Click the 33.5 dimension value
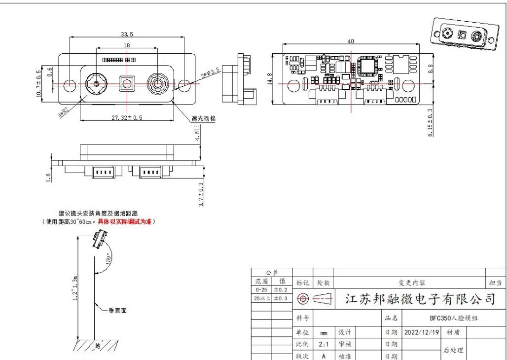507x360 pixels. pos(127,34)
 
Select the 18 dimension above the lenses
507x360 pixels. pos(127,45)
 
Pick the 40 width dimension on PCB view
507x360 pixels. pos(351,41)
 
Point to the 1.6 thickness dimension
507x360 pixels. pos(48,178)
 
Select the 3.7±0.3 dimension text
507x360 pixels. pos(201,194)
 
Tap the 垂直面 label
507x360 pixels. pos(118,311)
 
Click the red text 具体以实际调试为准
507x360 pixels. pos(126,222)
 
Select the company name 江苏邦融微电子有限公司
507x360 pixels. pos(419,299)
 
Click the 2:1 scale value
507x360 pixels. pos(324,344)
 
